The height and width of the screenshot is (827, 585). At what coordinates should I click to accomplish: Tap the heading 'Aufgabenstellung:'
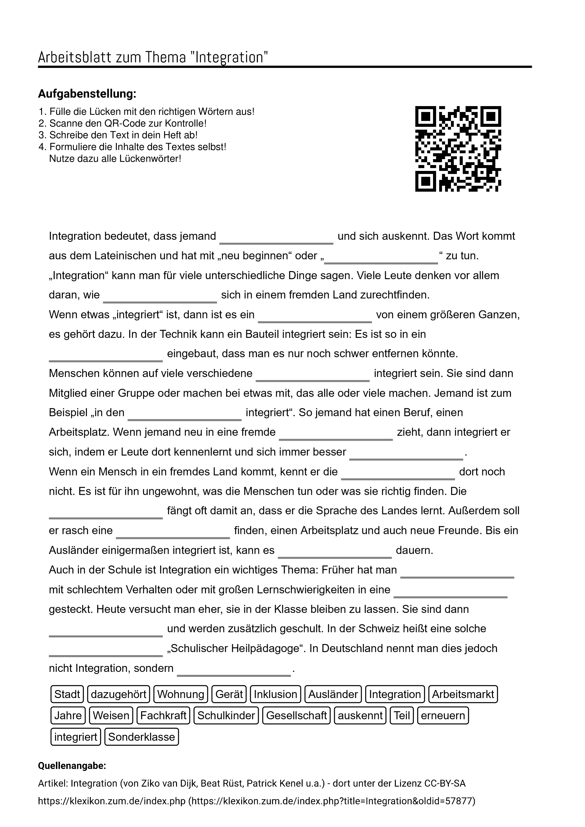87,94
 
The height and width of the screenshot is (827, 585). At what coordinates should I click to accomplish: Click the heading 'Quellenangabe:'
72,765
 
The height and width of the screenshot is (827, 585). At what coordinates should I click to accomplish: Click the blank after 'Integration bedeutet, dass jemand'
277,238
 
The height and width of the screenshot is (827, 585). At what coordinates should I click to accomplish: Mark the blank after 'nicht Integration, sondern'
234,671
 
